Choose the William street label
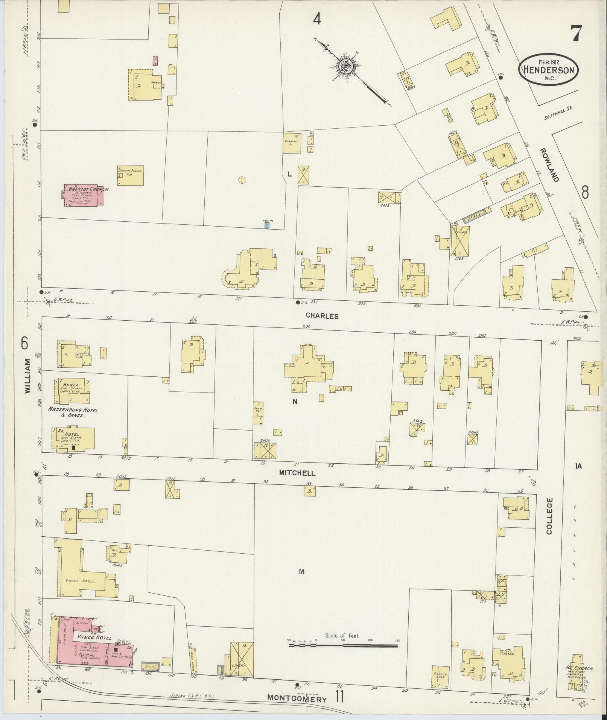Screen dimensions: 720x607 click(27, 376)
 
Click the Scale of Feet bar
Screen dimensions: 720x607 click(343, 645)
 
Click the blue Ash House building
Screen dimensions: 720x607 click(266, 225)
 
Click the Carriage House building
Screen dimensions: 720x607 click(292, 143)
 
